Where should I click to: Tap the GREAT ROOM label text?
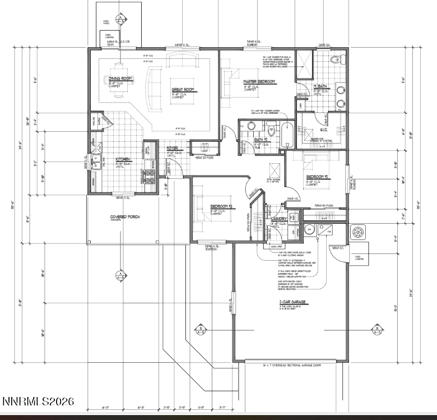(x=182, y=89)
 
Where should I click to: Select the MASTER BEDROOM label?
(x=259, y=82)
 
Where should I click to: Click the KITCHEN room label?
(x=123, y=159)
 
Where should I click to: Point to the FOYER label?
(x=173, y=149)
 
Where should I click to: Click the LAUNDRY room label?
(x=280, y=219)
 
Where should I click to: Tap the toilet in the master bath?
(x=336, y=59)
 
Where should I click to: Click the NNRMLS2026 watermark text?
(x=38, y=402)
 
